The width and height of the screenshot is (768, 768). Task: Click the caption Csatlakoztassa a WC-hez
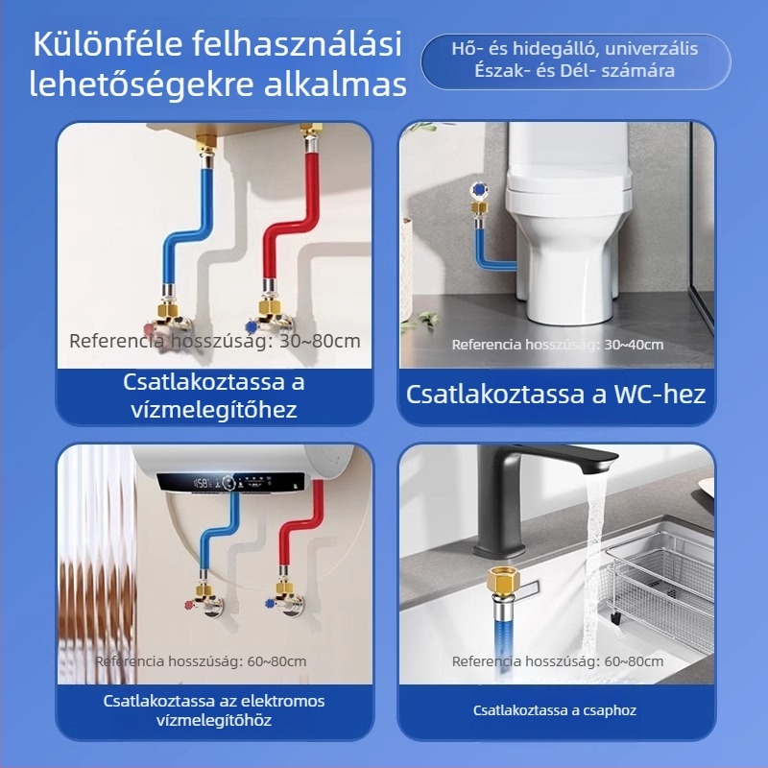(556, 394)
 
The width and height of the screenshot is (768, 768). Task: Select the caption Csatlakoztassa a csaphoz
(555, 710)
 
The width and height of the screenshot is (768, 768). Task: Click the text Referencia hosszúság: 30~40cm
(557, 344)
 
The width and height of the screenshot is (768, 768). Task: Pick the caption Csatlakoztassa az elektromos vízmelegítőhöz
(214, 710)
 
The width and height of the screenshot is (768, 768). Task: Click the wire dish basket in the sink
(662, 576)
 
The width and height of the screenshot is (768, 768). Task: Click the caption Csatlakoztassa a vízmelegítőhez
(214, 396)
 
